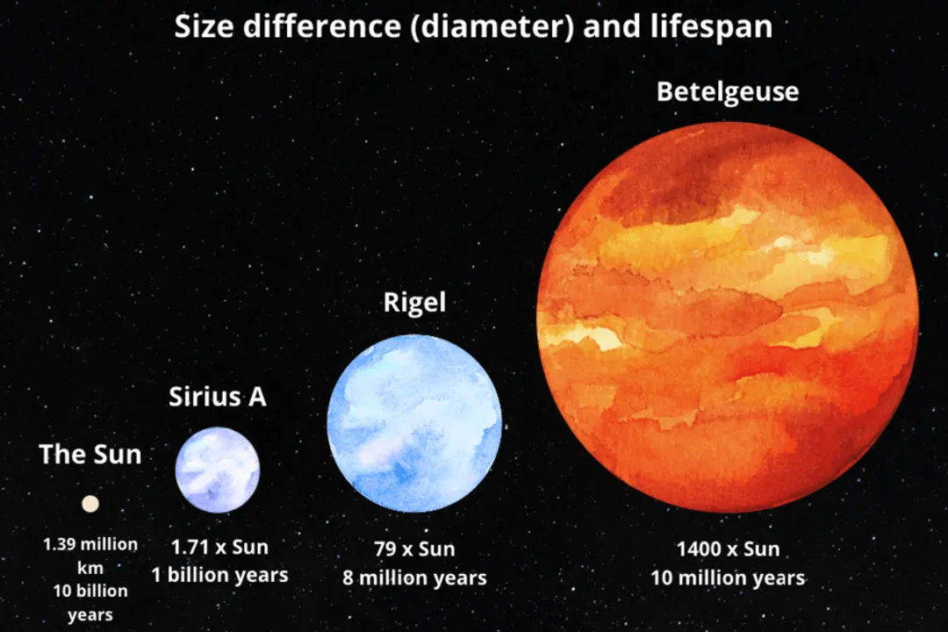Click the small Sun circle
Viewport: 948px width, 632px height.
[x=90, y=503]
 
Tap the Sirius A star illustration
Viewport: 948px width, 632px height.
[x=218, y=470]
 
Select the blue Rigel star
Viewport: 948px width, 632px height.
[x=414, y=422]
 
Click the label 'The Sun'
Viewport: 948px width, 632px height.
[x=90, y=454]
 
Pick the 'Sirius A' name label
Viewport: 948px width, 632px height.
[x=217, y=397]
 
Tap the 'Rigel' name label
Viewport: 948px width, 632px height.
[x=414, y=303]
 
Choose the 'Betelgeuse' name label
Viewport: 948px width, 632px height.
[x=728, y=91]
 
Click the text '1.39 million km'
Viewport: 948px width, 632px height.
[x=90, y=556]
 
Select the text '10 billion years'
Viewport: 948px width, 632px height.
[x=90, y=602]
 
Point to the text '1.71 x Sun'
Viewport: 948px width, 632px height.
[x=219, y=547]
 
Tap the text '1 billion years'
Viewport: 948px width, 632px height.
[x=219, y=576]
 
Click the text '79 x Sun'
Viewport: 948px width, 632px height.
[x=414, y=549]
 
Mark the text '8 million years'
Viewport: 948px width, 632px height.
[x=414, y=578]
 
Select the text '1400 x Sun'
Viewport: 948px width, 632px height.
[x=728, y=549]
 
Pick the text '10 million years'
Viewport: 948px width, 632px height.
[x=728, y=578]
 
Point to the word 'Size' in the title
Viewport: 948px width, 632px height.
[x=204, y=27]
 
